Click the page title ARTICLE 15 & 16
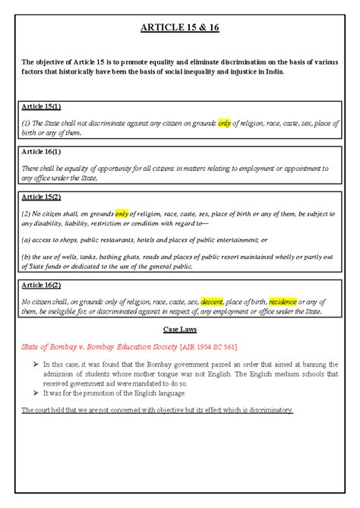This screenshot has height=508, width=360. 180,30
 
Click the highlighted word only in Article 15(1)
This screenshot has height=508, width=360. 223,123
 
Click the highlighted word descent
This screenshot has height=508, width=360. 211,301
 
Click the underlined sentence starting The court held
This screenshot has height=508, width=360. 157,410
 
